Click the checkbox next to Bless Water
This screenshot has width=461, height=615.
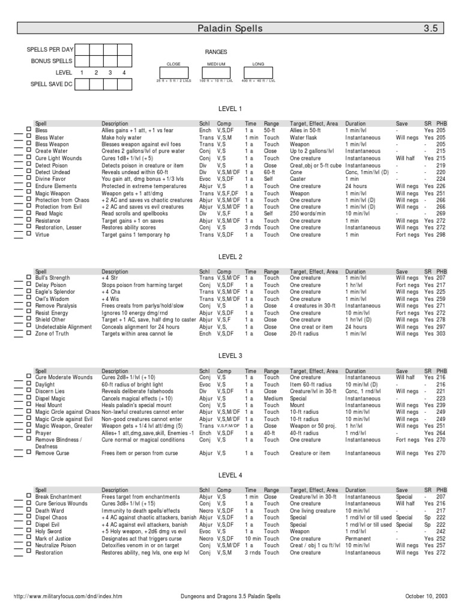pos(28,137)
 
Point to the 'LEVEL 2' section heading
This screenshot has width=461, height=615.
pos(230,257)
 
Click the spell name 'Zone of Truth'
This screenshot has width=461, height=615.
pos(52,334)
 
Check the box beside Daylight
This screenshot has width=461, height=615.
pos(28,384)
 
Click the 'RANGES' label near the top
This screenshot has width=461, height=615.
pos(215,52)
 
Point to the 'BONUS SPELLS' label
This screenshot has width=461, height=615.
pos(52,61)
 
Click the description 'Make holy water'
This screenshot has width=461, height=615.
pos(122,137)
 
